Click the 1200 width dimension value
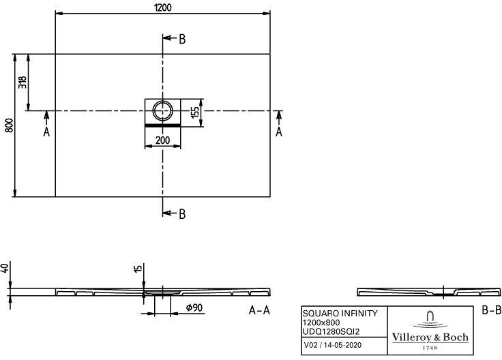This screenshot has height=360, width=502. pyautogui.click(x=162, y=7)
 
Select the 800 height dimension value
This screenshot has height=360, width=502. pyautogui.click(x=9, y=125)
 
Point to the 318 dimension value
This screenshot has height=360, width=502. pyautogui.click(x=23, y=82)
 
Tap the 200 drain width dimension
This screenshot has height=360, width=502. pyautogui.click(x=162, y=140)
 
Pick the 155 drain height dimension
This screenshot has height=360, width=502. pyautogui.click(x=194, y=112)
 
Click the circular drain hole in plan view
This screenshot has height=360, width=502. pyautogui.click(x=163, y=110)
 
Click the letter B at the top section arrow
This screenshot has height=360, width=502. pyautogui.click(x=181, y=39)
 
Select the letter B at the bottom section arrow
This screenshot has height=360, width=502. pyautogui.click(x=181, y=214)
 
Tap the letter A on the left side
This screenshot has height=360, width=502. pyautogui.click(x=46, y=132)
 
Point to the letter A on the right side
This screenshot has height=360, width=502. pyautogui.click(x=279, y=132)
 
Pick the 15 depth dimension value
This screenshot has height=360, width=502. pyautogui.click(x=138, y=271)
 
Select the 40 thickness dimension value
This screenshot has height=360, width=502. pyautogui.click(x=6, y=269)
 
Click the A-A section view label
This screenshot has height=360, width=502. pyautogui.click(x=260, y=311)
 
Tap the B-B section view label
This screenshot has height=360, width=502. pyautogui.click(x=491, y=311)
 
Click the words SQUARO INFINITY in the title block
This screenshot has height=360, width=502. pyautogui.click(x=339, y=313)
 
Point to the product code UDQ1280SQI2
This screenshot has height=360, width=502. pyautogui.click(x=331, y=331)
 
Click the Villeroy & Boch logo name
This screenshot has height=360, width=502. pyautogui.click(x=430, y=336)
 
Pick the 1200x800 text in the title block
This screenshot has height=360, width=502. pyautogui.click(x=322, y=322)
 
